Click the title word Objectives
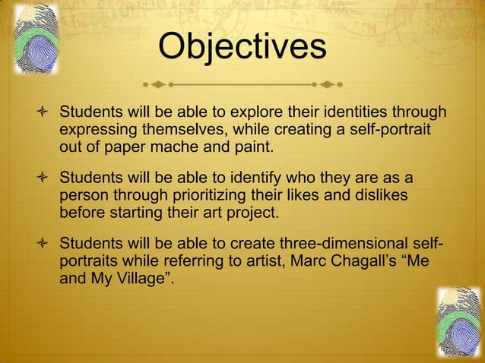[x=242, y=46]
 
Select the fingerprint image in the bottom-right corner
[x=458, y=321]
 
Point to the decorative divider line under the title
[x=242, y=82]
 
